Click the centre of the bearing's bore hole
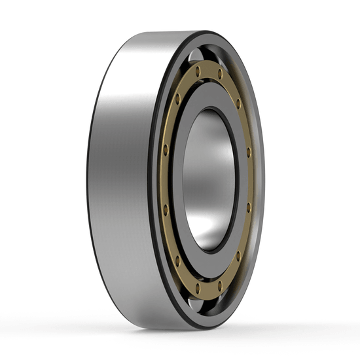tap(207, 179)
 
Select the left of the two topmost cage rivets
tap(197, 70)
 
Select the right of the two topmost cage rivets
tap(220, 74)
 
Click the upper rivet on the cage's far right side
tap(249, 152)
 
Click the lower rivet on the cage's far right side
tap(249, 207)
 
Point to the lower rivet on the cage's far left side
tap(166, 209)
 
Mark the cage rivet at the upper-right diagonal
tap(238, 103)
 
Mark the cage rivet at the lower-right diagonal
tap(238, 255)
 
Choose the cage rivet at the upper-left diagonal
tap(177, 99)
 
